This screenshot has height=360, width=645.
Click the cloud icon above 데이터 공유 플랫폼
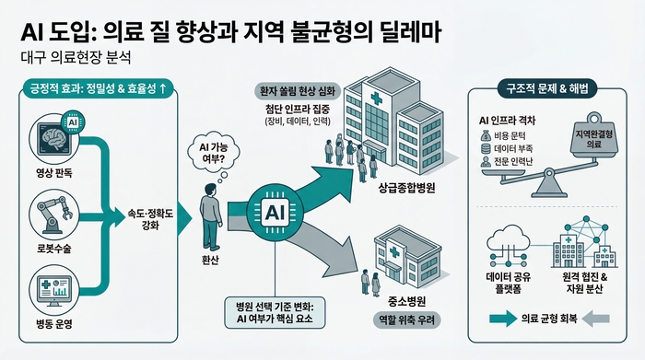pyautogui.click(x=506, y=243)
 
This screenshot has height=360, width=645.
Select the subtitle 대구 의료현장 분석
pyautogui.click(x=76, y=57)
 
